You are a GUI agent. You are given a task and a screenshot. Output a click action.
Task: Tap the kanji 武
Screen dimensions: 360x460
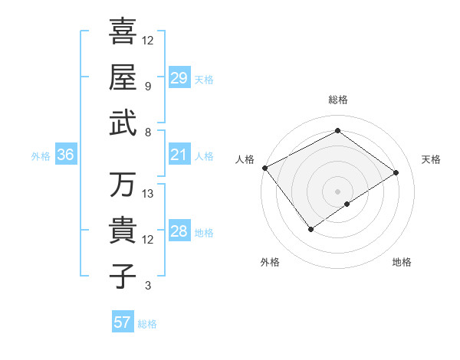pos(123,124)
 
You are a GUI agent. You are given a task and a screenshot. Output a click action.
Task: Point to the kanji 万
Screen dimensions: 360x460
pos(123,185)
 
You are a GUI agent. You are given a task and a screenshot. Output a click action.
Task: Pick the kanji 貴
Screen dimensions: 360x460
pos(123,231)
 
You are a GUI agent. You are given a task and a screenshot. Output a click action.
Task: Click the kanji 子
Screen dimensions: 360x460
pos(123,277)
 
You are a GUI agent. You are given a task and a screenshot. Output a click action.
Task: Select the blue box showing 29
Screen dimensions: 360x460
pos(179,78)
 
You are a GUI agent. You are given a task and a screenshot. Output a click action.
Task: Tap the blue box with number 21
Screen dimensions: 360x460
pos(179,155)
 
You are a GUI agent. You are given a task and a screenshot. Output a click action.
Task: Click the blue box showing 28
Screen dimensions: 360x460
pos(179,232)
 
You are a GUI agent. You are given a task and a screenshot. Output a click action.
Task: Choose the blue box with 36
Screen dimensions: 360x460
pos(66,155)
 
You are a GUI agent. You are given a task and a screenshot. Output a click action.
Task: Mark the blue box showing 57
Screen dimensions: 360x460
pos(123,322)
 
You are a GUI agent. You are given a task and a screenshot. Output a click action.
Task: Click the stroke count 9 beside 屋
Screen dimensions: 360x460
pos(148,87)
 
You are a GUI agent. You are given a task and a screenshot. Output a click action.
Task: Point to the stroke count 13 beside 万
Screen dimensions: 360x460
pos(148,194)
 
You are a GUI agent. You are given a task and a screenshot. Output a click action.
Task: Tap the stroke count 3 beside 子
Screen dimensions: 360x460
pos(148,286)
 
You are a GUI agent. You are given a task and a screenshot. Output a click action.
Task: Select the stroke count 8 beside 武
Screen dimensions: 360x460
pos(148,133)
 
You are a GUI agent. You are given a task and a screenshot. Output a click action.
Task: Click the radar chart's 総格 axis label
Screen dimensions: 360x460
pos(337,100)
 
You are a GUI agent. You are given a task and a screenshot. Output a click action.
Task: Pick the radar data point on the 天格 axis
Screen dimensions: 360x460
pos(396,172)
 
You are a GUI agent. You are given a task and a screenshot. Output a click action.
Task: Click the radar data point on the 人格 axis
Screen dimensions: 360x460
pos(264,168)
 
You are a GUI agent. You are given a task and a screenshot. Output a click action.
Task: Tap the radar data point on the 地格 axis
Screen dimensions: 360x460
pos(347,204)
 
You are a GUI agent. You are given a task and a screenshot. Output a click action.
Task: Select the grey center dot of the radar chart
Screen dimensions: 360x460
pos(337,191)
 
